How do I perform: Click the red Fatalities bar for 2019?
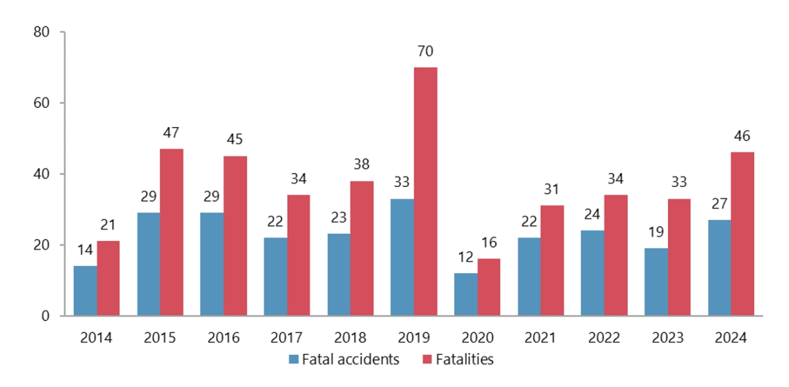tap(425, 191)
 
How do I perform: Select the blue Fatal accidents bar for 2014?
tap(85, 290)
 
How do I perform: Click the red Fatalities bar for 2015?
tap(172, 232)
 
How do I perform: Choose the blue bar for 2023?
tap(656, 282)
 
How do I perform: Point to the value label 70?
tap(425, 51)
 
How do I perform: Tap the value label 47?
tap(172, 133)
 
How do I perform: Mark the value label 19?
tap(656, 232)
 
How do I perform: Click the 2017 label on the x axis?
tap(287, 338)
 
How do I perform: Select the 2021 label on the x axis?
tap(540, 338)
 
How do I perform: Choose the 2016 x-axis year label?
tap(224, 338)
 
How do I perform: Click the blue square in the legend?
tap(293, 359)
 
